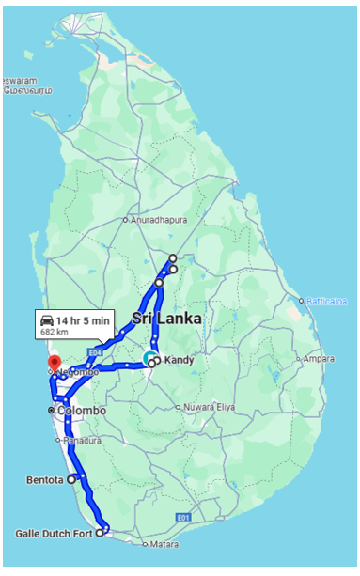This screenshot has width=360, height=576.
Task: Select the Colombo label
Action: [81, 411]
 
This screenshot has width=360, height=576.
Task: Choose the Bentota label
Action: [45, 479]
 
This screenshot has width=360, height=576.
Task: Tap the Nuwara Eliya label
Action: [211, 408]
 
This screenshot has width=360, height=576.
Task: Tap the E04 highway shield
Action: [94, 351]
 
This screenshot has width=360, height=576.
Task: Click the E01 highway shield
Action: [184, 517]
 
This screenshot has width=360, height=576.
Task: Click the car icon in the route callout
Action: [46, 320]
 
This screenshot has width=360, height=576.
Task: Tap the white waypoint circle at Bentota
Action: [72, 478]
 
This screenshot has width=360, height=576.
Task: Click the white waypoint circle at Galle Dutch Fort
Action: [100, 533]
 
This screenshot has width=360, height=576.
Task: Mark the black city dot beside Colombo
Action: [51, 411]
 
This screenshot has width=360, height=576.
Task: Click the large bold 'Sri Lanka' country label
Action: [166, 319]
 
